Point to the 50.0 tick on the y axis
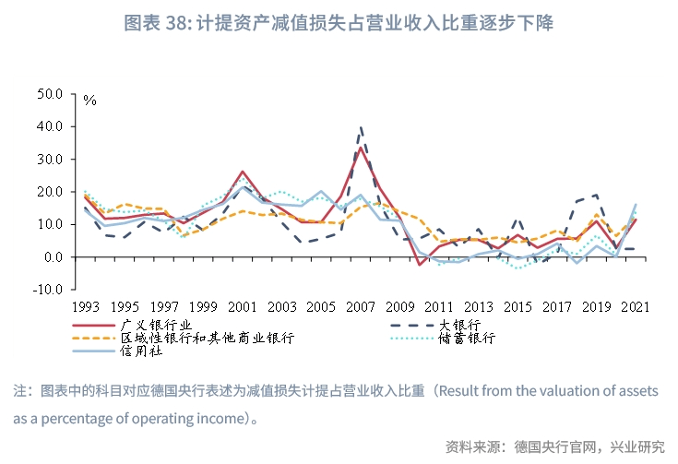tap(49, 94)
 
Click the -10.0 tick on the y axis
tap(47, 290)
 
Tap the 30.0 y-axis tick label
tap(49, 160)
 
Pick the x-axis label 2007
tap(361, 306)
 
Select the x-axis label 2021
tap(636, 306)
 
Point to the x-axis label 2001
tap(243, 306)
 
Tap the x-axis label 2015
tap(517, 306)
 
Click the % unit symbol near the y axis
tap(89, 100)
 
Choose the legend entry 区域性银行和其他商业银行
tap(208, 338)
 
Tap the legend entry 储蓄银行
tap(475, 338)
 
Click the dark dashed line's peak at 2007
tap(361, 126)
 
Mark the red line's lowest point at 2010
tap(420, 265)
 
